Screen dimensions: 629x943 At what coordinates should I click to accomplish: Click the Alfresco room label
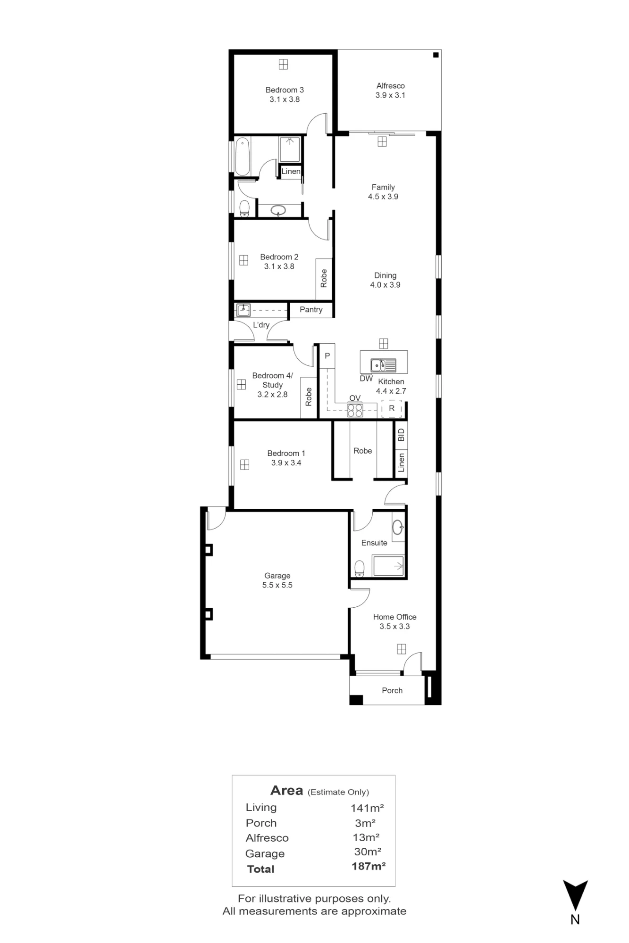pyautogui.click(x=390, y=86)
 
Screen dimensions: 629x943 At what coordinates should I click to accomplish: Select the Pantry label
pyautogui.click(x=311, y=310)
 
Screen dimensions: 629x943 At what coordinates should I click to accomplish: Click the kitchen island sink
pyautogui.click(x=383, y=365)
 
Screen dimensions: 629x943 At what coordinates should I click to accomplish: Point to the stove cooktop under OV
pyautogui.click(x=355, y=411)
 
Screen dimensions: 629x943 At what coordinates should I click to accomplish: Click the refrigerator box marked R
pyautogui.click(x=392, y=408)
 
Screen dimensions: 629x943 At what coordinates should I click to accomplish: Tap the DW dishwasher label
pyautogui.click(x=366, y=379)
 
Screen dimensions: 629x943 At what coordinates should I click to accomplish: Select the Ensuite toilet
pyautogui.click(x=360, y=569)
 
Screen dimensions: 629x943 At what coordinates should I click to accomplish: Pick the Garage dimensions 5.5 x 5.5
pyautogui.click(x=277, y=585)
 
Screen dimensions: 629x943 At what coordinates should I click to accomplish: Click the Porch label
pyautogui.click(x=392, y=690)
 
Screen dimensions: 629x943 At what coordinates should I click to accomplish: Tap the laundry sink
pyautogui.click(x=243, y=310)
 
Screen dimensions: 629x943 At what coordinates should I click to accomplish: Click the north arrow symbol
pyautogui.click(x=575, y=895)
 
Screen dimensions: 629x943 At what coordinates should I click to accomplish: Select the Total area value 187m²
pyautogui.click(x=369, y=866)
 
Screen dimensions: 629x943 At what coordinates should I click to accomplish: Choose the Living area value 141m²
pyautogui.click(x=367, y=808)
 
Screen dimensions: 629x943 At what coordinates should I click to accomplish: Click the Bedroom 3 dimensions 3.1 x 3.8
pyautogui.click(x=285, y=99)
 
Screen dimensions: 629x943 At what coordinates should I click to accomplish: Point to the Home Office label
pyautogui.click(x=395, y=617)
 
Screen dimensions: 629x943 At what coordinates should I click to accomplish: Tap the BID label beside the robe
pyautogui.click(x=401, y=435)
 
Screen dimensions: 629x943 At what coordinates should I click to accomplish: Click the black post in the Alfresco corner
pyautogui.click(x=436, y=55)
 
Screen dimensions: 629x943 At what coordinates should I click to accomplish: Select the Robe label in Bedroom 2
pyautogui.click(x=324, y=278)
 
